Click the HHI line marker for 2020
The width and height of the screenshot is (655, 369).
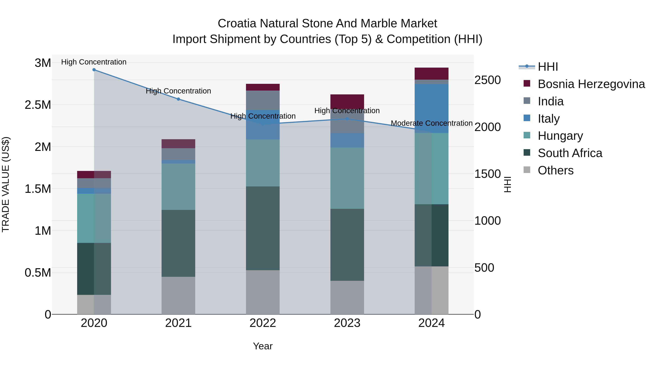94,70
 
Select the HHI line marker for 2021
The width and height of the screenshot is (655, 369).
178,99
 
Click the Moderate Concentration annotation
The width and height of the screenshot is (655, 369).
432,123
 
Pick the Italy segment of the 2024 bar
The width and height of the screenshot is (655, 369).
432,108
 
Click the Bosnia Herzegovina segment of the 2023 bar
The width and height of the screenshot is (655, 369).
347,101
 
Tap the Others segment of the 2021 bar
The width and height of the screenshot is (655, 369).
178,295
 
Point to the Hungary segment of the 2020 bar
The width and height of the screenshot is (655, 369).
94,218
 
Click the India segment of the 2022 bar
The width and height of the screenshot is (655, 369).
263,100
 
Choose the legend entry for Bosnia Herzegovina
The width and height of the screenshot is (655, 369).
591,84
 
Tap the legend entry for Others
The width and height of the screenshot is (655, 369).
556,170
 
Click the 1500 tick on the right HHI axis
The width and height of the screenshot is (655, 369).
487,174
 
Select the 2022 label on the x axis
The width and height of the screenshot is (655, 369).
263,323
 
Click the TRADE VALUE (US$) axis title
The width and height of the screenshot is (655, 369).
6,184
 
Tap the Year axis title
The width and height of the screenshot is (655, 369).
263,346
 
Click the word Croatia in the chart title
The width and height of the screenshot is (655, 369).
237,24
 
